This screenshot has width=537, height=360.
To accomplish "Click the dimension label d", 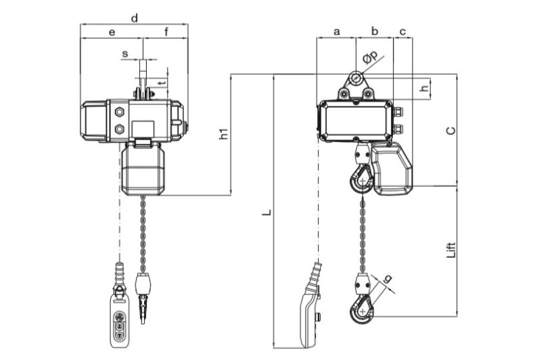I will [135, 18].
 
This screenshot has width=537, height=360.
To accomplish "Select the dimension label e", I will [112, 31].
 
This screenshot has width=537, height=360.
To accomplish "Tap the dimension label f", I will [166, 31].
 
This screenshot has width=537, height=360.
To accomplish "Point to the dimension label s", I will [124, 53].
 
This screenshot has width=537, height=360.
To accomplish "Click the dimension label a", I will [337, 31].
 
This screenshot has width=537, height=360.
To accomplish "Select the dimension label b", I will [375, 31].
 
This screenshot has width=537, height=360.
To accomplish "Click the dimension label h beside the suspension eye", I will [424, 89].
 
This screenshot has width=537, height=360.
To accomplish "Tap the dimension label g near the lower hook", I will [388, 279].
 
